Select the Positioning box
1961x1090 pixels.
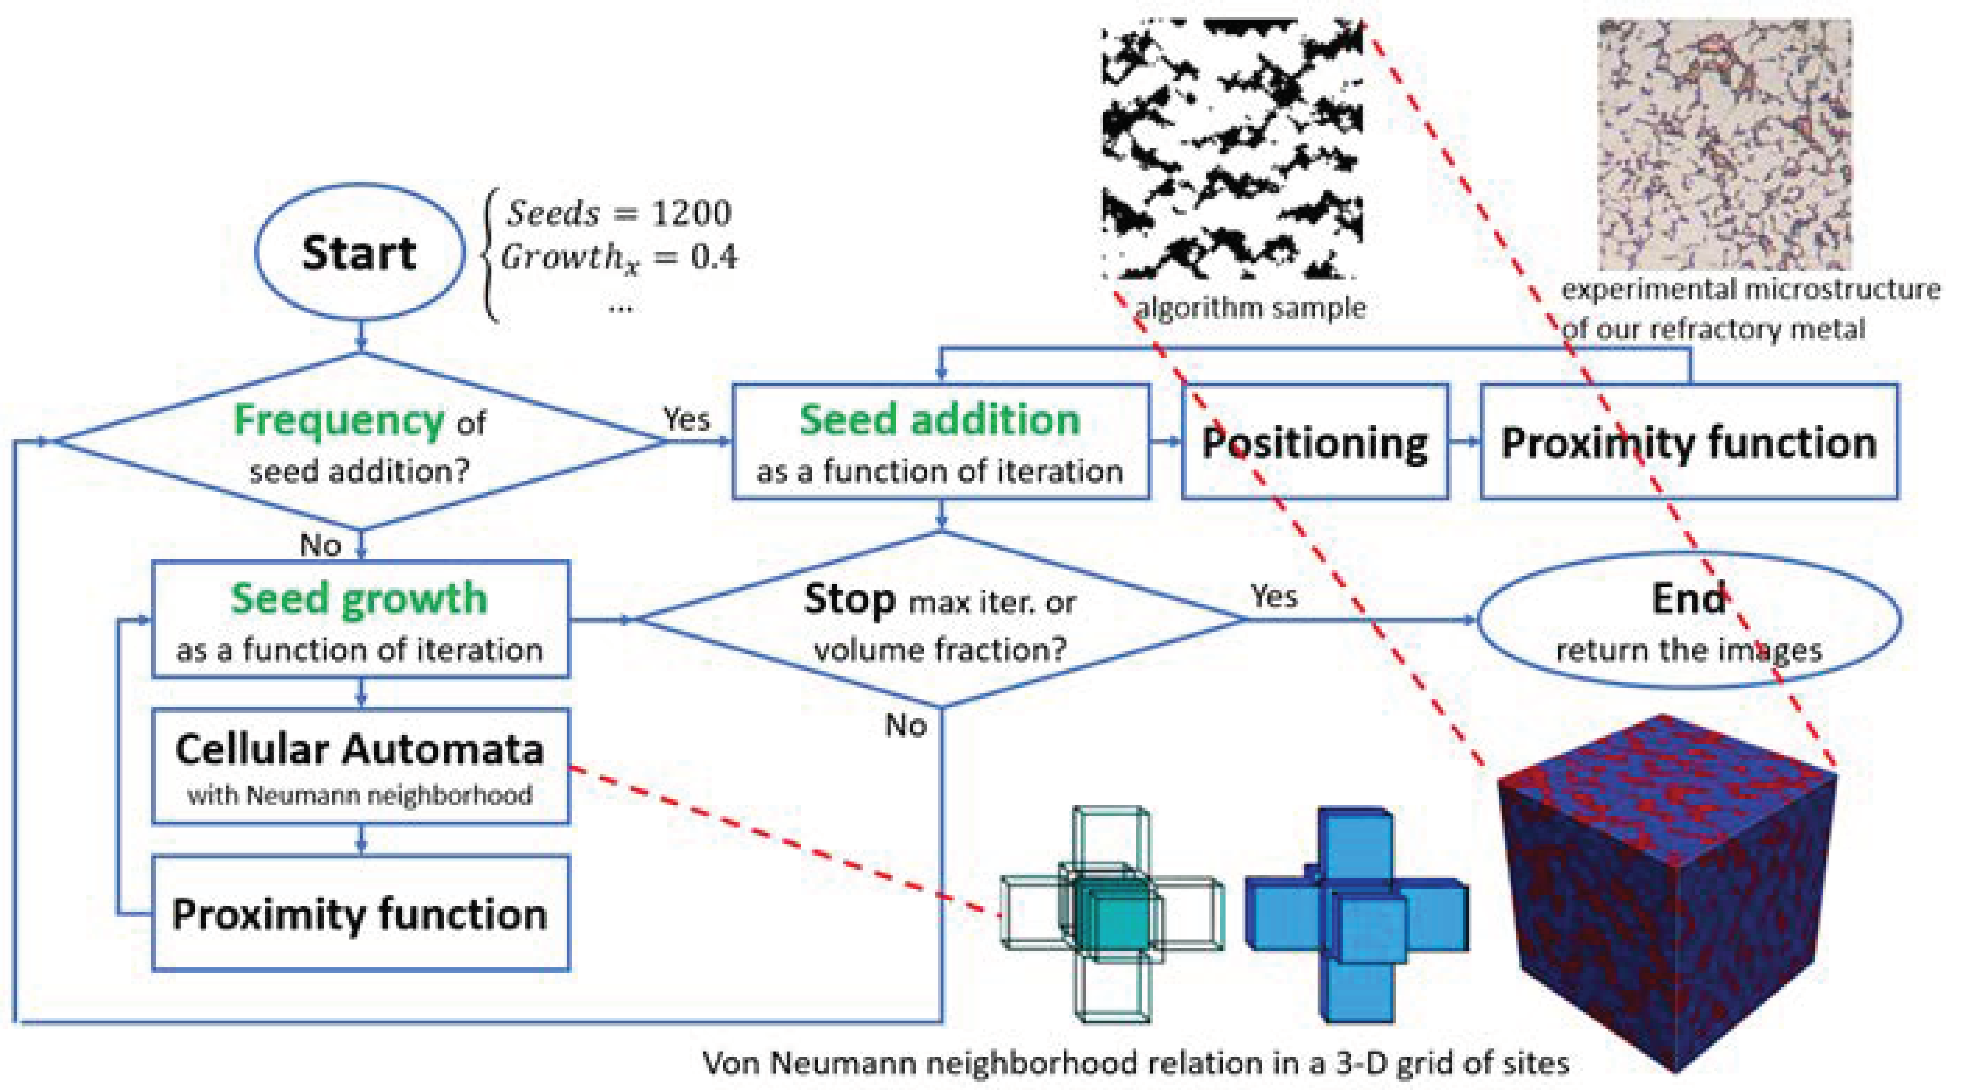(1315, 442)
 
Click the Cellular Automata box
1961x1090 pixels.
(360, 765)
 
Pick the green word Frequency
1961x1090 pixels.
(339, 420)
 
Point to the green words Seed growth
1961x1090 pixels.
(359, 598)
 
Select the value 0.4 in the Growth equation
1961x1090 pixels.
(713, 258)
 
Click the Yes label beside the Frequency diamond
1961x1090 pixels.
(686, 419)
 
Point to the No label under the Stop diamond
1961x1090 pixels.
(905, 726)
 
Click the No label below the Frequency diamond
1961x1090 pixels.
(320, 545)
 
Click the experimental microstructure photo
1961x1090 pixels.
(1724, 145)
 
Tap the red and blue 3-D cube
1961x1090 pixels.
(1667, 891)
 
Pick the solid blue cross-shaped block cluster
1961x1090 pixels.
(1356, 914)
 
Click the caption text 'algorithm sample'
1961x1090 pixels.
(1251, 308)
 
